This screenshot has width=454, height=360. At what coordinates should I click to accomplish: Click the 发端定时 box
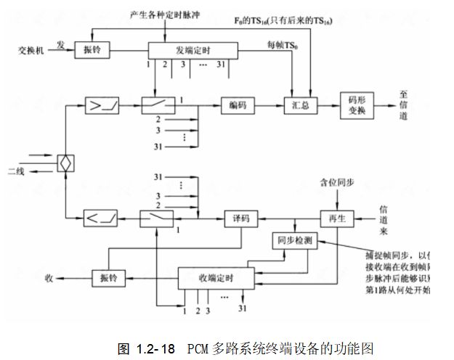[x=192, y=51]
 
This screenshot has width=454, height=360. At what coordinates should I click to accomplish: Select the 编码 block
[x=238, y=106]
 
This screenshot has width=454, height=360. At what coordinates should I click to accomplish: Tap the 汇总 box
[x=300, y=106]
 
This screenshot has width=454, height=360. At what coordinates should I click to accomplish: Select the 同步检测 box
[x=293, y=240]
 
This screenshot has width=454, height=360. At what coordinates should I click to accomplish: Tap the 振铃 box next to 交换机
[x=92, y=51]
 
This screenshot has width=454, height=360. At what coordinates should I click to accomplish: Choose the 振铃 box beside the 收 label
[x=109, y=277]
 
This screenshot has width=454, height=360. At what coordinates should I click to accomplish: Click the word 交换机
[x=32, y=51]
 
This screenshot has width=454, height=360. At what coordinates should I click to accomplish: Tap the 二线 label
[x=16, y=171]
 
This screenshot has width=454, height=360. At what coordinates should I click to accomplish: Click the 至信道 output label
[x=403, y=106]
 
